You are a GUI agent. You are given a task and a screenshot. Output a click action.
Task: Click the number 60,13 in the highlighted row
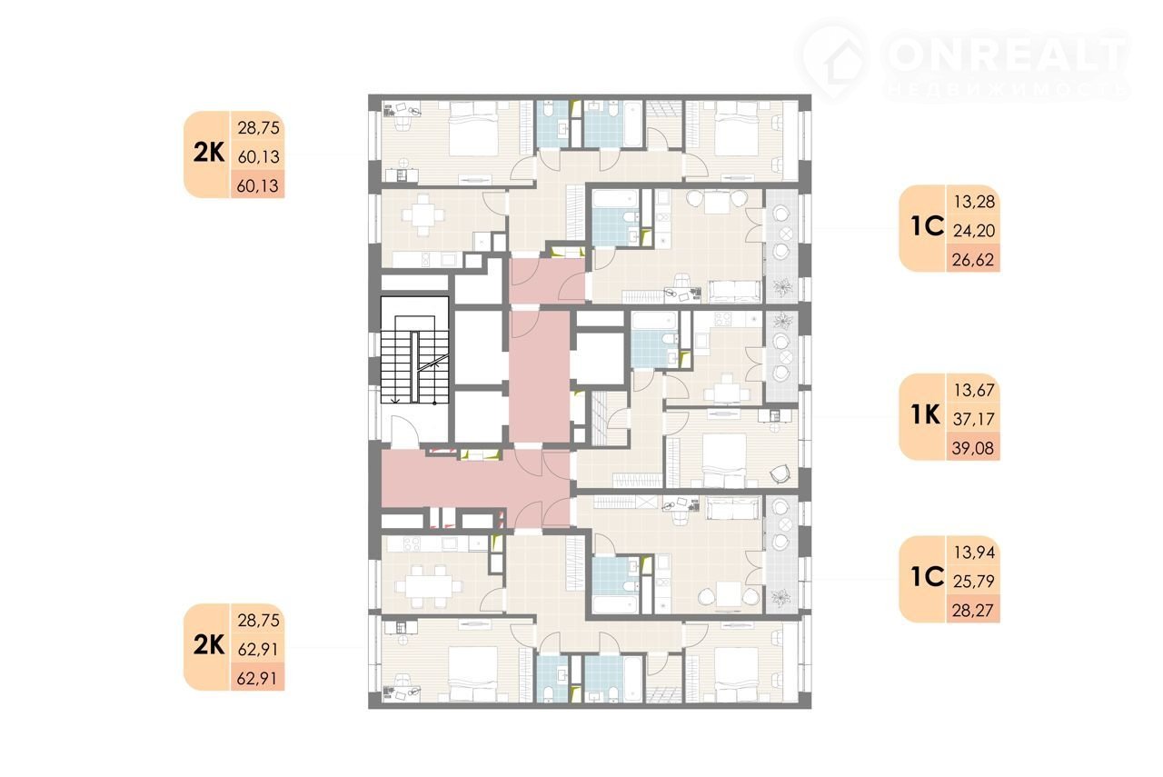257,185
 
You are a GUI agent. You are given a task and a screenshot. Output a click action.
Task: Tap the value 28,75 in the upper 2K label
259,128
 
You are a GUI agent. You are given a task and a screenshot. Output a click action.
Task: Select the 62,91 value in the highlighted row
257,678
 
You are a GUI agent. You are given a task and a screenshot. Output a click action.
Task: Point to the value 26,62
973,259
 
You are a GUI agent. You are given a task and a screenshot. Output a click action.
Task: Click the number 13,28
974,202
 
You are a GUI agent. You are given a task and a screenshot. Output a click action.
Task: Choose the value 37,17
974,419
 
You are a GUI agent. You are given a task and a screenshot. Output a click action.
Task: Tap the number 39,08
973,448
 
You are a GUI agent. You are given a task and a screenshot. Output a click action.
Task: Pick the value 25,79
974,581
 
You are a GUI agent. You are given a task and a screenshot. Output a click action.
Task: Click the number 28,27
973,610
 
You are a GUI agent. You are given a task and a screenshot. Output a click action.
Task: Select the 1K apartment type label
926,415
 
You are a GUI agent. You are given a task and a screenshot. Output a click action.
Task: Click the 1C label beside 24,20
928,226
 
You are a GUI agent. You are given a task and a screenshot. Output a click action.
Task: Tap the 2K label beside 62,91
209,645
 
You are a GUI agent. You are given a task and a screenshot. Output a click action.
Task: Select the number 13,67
974,390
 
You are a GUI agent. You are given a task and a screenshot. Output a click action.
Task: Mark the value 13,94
974,552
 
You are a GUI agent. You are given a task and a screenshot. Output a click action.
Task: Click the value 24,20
974,230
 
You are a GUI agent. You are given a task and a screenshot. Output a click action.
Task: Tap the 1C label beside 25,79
928,577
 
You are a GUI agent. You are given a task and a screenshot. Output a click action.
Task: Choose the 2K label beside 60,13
209,153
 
